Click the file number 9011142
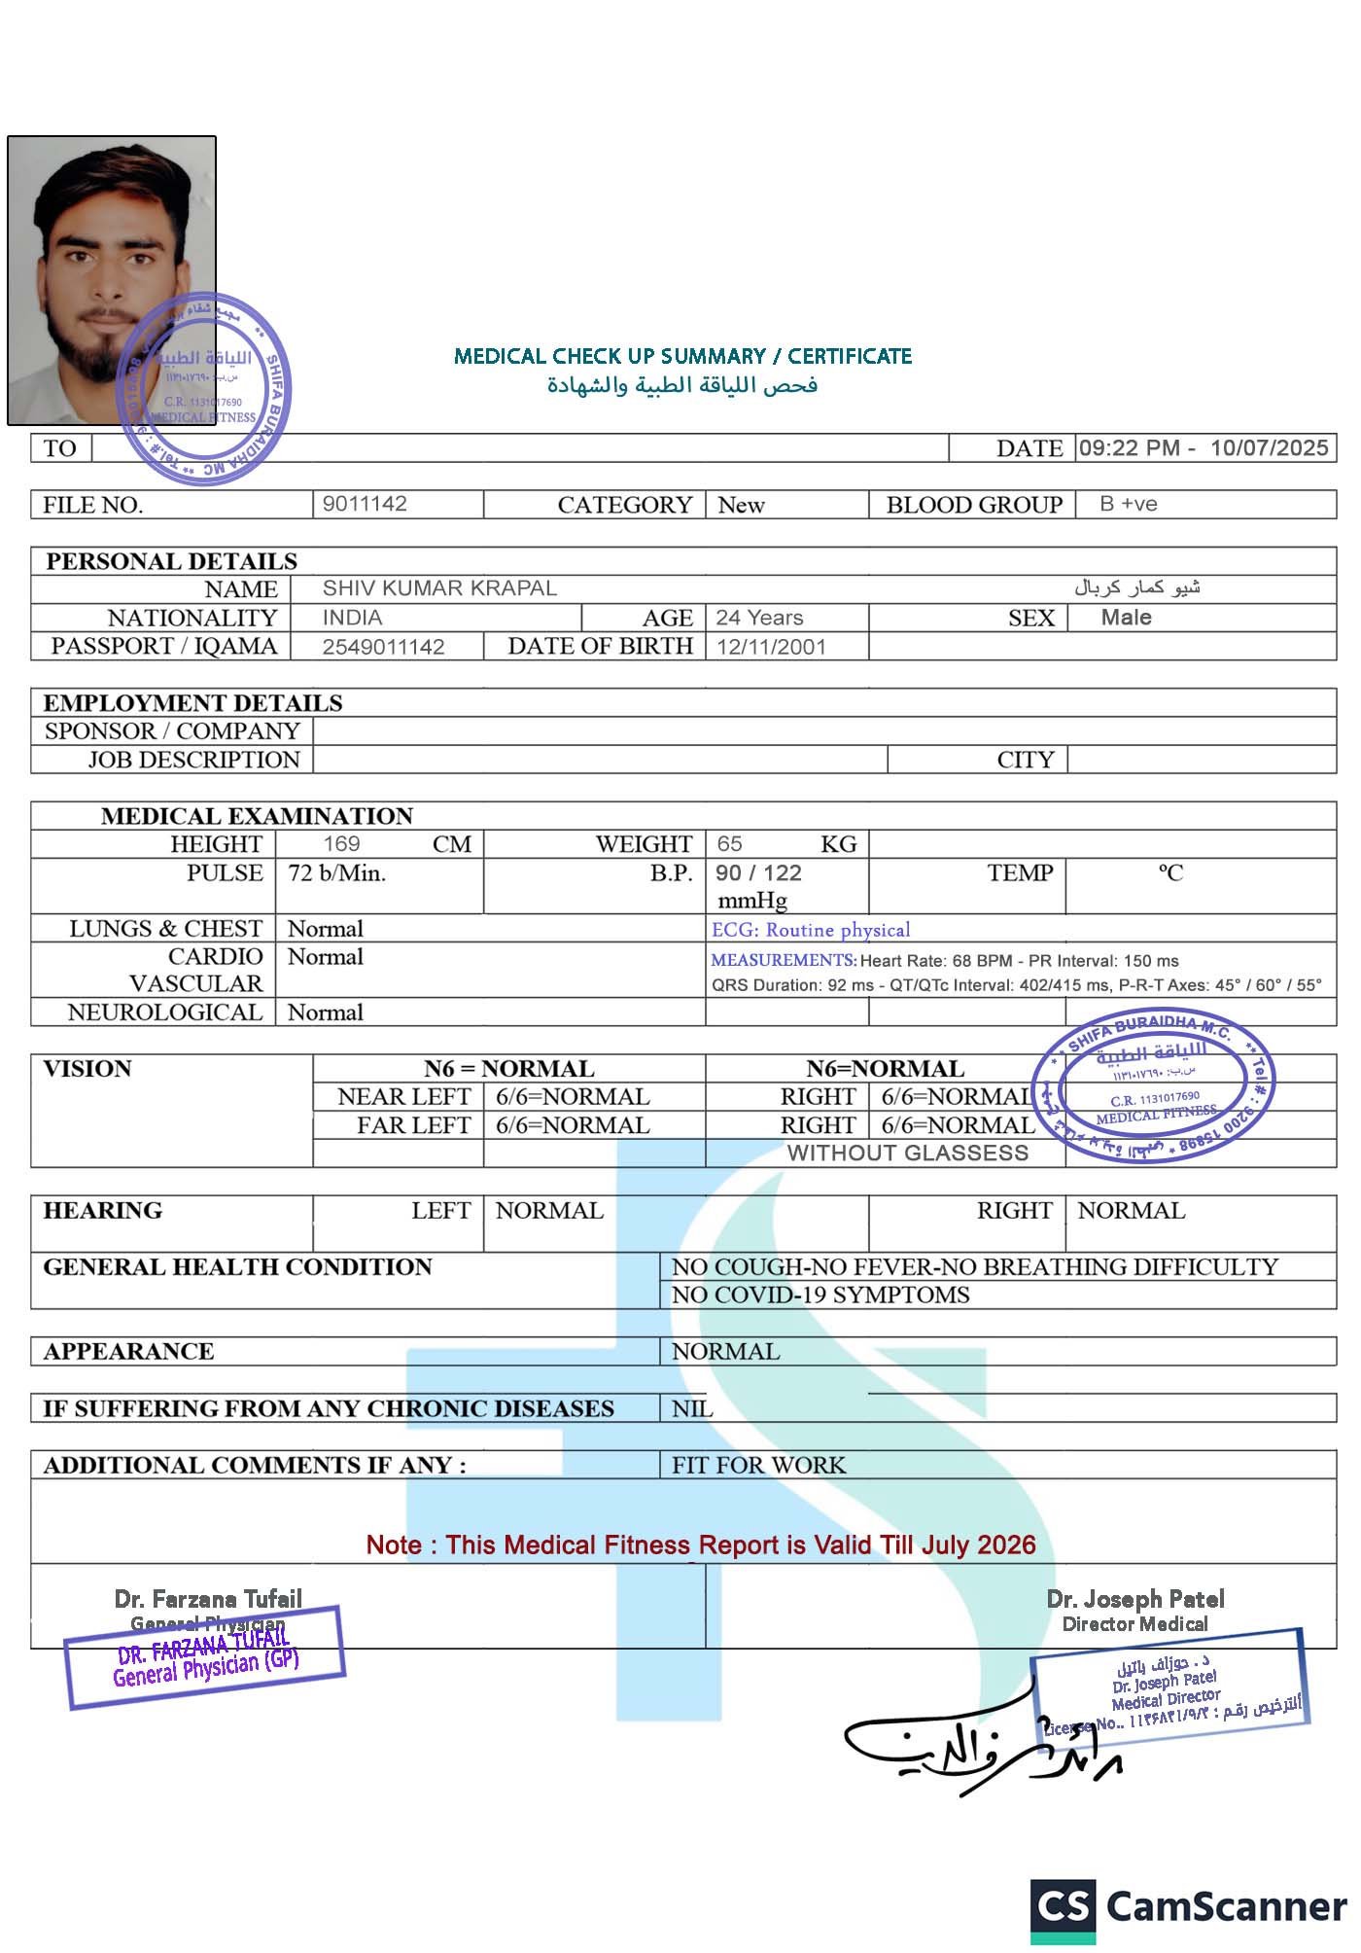(365, 504)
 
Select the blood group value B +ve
(1129, 504)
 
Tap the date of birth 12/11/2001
(771, 647)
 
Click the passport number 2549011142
(383, 647)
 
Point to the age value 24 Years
(759, 618)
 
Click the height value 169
(341, 844)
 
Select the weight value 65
(729, 844)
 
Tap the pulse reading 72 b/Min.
(337, 873)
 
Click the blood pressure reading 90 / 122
(758, 873)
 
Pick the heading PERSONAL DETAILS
(172, 561)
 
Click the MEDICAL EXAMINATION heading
(257, 816)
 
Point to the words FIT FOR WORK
(758, 1465)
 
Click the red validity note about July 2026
(701, 1545)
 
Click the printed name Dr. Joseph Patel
(1135, 1599)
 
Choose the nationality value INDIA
(352, 618)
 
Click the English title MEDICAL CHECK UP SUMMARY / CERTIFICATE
(682, 356)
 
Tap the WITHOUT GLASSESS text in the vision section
(907, 1153)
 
